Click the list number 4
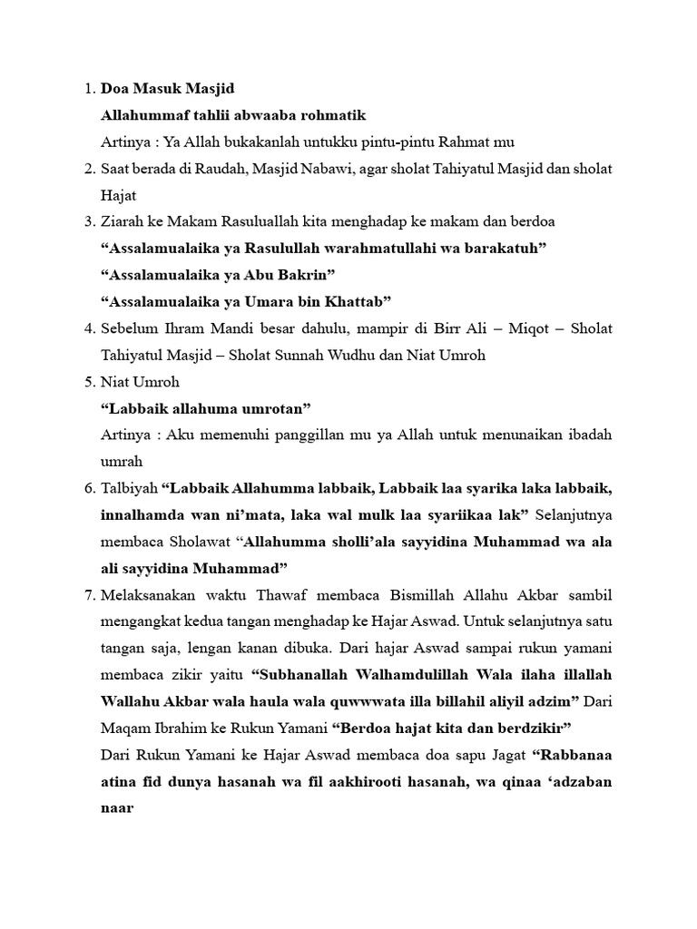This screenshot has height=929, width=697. [x=87, y=328]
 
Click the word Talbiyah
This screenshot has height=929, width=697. [x=129, y=489]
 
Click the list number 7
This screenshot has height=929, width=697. [x=87, y=595]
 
